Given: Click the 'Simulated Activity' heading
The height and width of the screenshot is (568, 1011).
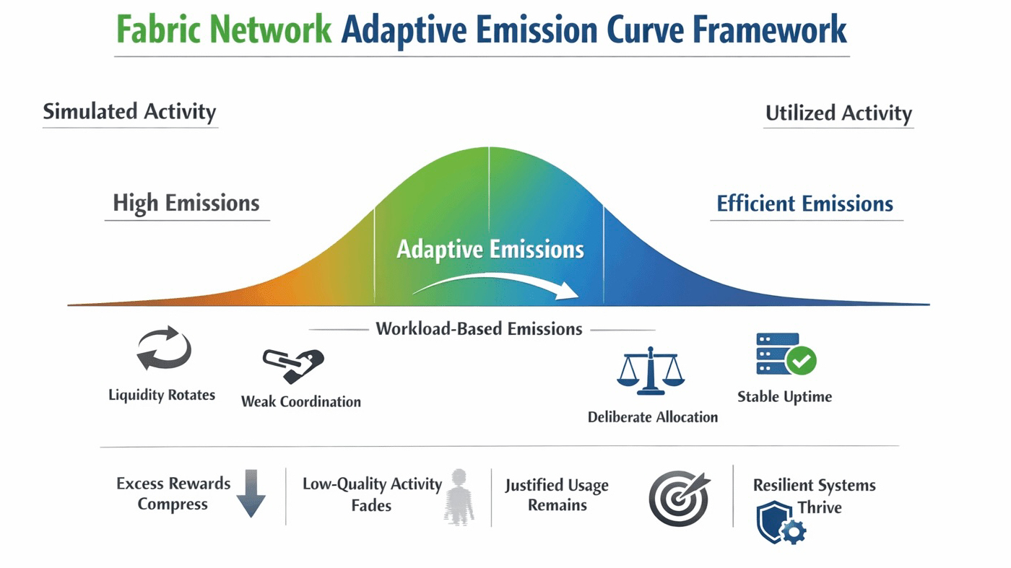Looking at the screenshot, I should pos(129,112).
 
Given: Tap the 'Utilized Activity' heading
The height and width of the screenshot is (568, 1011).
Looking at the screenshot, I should pos(838,113).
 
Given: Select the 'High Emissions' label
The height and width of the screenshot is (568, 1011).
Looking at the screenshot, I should pos(186,203).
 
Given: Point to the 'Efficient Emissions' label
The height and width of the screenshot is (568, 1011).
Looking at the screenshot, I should pos(804,204).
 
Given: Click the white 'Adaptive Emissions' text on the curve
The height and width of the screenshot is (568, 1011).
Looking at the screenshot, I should pos(490,250).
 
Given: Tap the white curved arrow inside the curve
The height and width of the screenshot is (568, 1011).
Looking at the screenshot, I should pos(498,284).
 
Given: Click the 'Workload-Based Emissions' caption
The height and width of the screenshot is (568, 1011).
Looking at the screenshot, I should pos(479,329).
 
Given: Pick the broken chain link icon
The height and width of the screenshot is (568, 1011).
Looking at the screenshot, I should pos(292,364).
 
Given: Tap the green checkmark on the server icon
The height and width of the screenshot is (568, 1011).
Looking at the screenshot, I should pos(801,359).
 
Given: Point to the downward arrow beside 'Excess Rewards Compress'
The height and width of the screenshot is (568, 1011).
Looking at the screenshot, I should pos(251,493).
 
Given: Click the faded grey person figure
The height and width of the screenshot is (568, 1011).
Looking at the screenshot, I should pos(459,496).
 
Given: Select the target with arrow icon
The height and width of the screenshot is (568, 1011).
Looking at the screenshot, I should pos(678,498).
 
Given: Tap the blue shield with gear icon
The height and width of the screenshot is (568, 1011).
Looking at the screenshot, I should pos(780,522).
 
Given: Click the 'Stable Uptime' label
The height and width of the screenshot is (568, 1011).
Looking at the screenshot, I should pos(784,396).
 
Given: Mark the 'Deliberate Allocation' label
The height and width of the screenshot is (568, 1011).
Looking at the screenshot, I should pos(652,417).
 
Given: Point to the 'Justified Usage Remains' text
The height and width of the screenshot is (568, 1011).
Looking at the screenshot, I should pos(557,495).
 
